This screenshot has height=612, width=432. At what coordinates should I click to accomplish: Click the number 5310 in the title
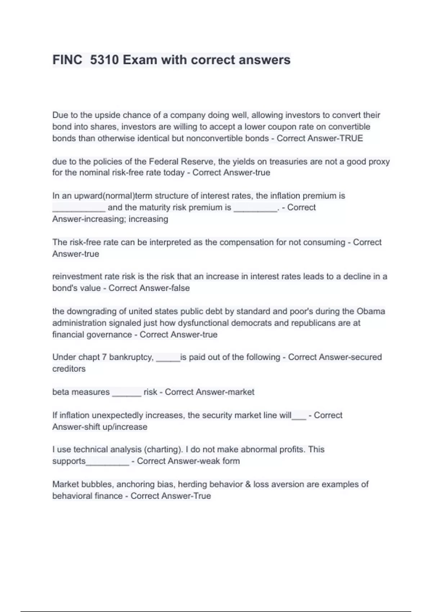coord(104,60)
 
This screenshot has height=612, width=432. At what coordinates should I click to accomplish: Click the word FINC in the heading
coord(67,60)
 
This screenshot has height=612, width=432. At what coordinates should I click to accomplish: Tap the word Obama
coord(371,311)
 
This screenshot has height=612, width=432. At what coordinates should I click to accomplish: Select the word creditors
coord(69,369)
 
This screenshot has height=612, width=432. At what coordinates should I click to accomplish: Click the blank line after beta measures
coord(126,393)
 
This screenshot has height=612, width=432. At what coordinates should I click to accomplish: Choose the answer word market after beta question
coord(241,392)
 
